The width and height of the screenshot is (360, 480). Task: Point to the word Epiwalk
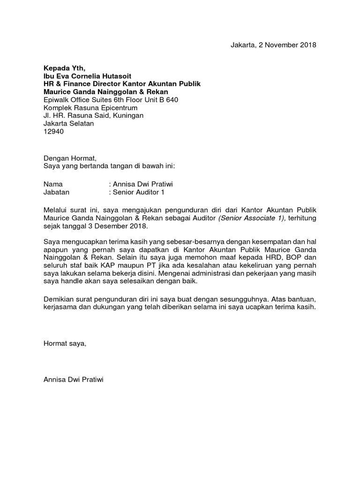tap(56, 100)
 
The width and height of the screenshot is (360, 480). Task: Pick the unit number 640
tap(172, 100)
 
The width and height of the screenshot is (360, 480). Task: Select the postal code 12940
tap(53, 132)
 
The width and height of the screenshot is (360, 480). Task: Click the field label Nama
tap(53, 184)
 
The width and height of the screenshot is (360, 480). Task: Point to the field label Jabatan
tap(56, 192)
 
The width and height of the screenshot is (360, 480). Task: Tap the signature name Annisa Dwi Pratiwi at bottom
tap(73, 380)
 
